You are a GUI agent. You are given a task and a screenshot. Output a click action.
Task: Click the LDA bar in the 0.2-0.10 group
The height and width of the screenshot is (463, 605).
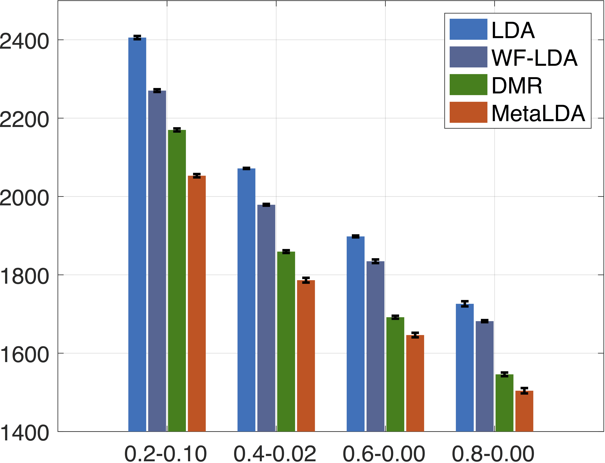point(137,234)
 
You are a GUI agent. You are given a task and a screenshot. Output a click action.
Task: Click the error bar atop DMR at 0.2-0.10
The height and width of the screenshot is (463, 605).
point(177,130)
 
